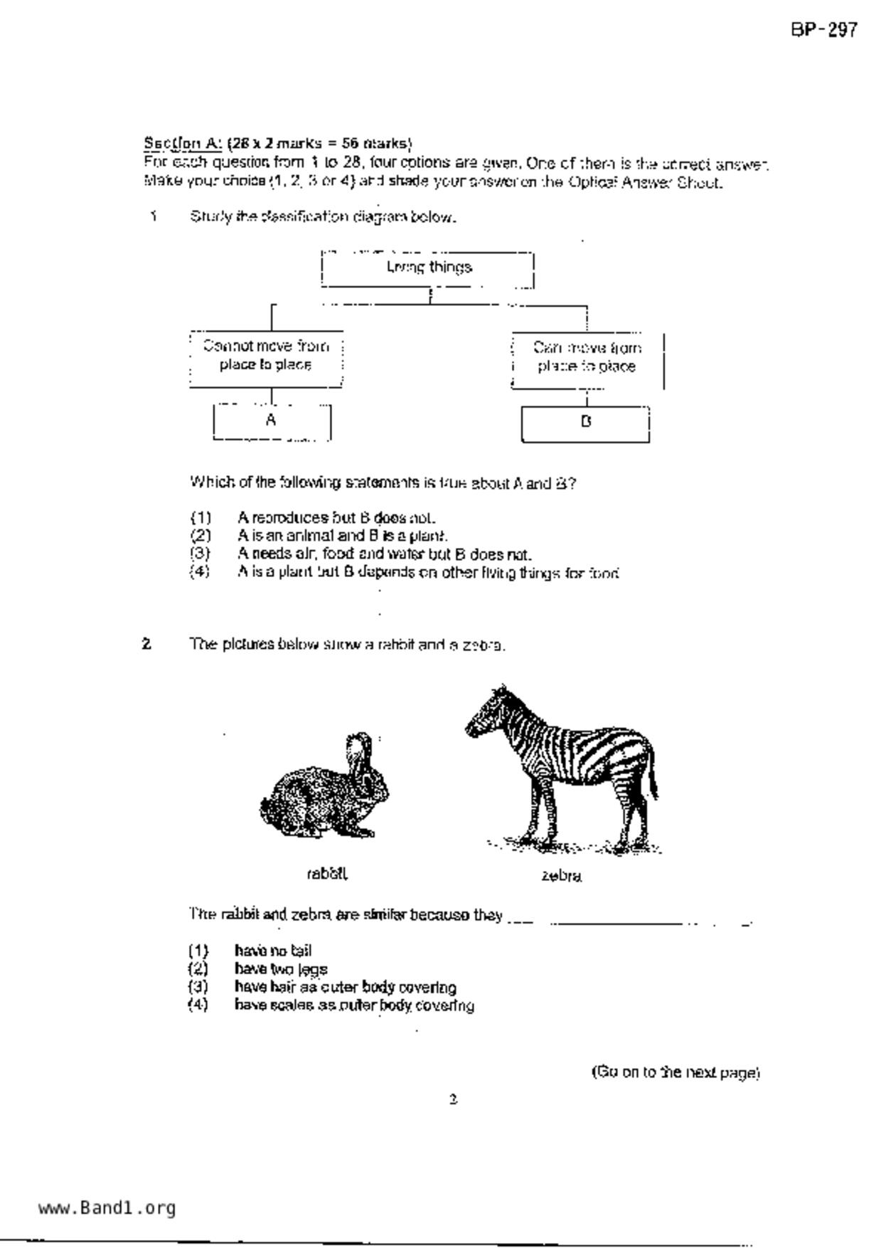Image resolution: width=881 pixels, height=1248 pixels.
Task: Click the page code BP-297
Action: coord(824,30)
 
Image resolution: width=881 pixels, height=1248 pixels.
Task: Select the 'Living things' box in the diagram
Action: coord(428,268)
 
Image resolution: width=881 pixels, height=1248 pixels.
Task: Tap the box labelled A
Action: coord(272,421)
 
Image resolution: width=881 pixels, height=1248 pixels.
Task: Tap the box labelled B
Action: coord(585,423)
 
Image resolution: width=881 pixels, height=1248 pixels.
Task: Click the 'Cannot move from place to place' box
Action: coord(266,356)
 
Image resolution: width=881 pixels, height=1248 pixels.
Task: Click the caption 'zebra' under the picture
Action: coord(561,876)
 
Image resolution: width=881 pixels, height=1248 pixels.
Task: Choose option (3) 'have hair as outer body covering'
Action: coord(345,987)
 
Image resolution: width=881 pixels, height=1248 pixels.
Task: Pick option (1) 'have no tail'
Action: coord(273,951)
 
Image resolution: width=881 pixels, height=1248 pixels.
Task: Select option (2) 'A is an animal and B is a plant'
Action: coord(342,535)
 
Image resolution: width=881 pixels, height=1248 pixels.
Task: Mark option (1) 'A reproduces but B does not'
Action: coord(336,517)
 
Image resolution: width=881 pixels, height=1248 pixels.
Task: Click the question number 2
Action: coord(146,644)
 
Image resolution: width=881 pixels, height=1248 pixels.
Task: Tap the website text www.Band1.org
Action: coord(107,1208)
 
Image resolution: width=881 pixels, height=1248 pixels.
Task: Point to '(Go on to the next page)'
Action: coord(676,1072)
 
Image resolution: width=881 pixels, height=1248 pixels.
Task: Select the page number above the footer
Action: coord(453,1099)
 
